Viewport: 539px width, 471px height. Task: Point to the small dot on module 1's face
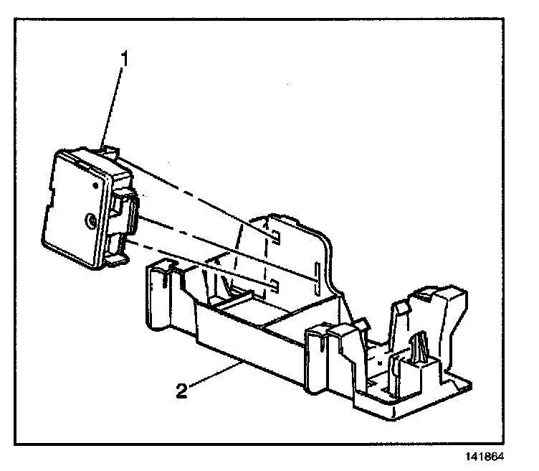pos(95,185)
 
